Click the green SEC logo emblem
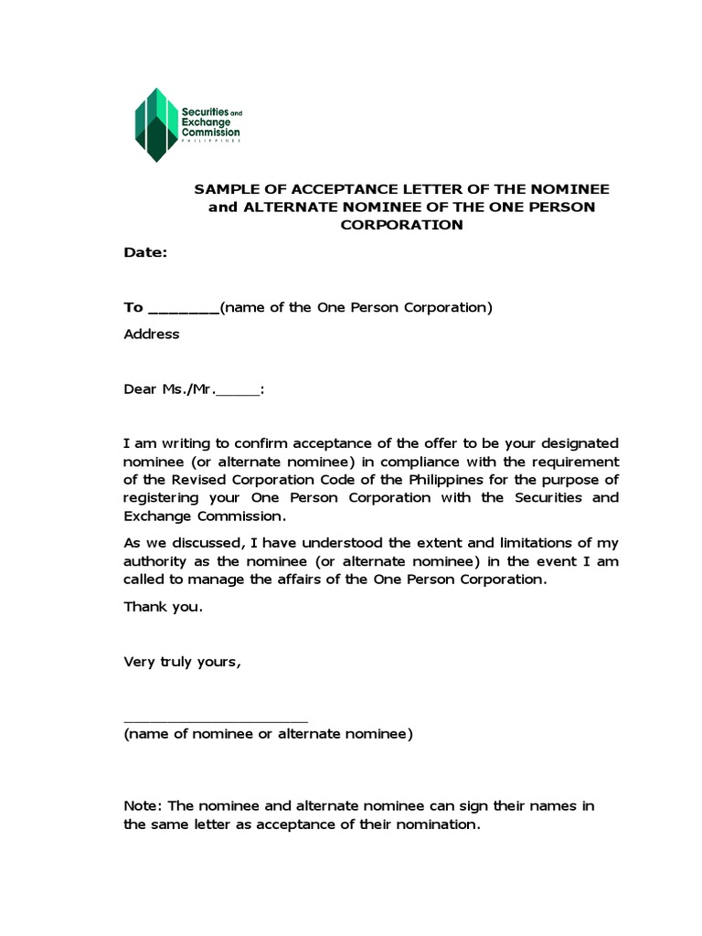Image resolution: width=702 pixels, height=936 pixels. pyautogui.click(x=155, y=124)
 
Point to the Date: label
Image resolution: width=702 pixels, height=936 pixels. pyautogui.click(x=145, y=253)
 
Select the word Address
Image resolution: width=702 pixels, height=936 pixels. pyautogui.click(x=152, y=334)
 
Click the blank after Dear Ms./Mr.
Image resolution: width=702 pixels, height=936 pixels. pyautogui.click(x=239, y=389)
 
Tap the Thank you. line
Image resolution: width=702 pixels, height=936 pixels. pyautogui.click(x=156, y=607)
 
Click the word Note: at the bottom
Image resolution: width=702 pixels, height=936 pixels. pyautogui.click(x=144, y=806)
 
